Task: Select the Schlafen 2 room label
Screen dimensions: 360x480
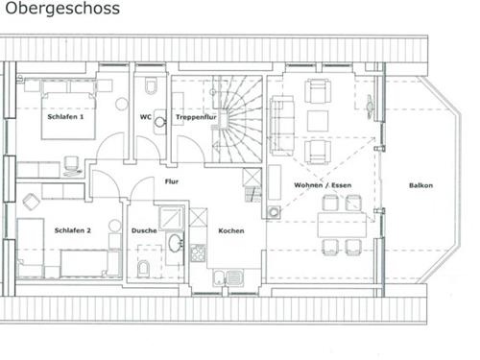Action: coord(73,230)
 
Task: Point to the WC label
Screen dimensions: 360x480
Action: coord(145,117)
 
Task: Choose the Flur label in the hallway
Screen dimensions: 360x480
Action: coord(172,180)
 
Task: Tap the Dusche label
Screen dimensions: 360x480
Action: coord(145,230)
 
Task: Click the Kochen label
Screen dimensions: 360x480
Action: coord(230,230)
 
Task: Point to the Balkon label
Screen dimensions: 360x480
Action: coord(420,184)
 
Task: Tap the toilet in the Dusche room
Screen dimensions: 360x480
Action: coord(143,266)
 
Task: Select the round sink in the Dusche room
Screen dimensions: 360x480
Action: coord(175,244)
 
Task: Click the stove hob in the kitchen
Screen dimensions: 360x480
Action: coord(199,253)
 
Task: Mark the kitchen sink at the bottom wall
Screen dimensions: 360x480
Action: coord(224,278)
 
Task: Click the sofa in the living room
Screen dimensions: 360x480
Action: coord(279,120)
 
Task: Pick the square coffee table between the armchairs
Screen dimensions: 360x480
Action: coord(317,120)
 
